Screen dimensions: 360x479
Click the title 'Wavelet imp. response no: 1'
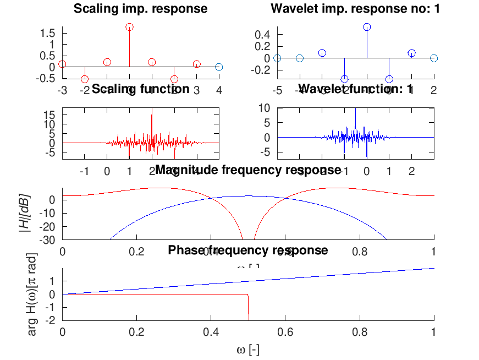[x=355, y=8]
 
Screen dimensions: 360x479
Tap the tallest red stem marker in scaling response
[x=129, y=27]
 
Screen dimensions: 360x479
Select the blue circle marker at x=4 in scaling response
[x=219, y=67]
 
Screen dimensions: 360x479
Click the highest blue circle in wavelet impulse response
[x=367, y=27]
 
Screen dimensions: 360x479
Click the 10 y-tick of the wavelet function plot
[x=265, y=108]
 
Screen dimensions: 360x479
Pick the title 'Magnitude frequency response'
[x=248, y=170]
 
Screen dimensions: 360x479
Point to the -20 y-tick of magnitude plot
[x=47, y=227]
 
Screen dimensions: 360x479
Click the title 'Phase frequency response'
[x=248, y=250]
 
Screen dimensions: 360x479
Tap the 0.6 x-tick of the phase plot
[x=285, y=332]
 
